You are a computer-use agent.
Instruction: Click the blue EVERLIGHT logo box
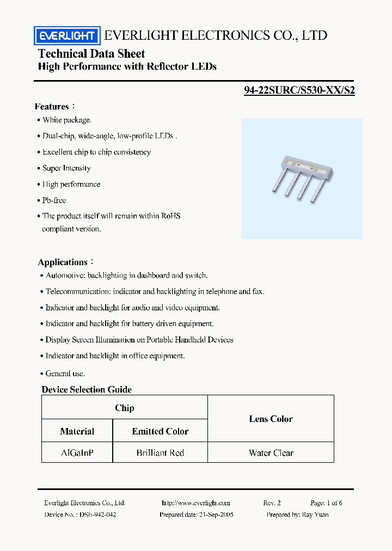66,36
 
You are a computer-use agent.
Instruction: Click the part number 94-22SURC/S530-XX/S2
299,91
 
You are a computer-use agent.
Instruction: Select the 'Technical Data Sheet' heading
91,53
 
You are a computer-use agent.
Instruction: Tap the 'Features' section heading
52,107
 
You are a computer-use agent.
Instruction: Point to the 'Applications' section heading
63,262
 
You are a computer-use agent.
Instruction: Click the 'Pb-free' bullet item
54,200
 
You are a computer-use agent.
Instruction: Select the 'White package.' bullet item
67,120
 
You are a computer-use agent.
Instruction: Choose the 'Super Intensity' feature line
66,168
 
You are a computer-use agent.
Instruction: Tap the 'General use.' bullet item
65,374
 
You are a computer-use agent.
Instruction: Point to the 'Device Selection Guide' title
87,389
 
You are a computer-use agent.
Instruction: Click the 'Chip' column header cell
125,408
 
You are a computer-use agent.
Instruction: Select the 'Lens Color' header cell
271,419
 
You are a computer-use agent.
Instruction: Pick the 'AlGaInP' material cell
77,452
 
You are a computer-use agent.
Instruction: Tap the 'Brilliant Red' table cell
160,452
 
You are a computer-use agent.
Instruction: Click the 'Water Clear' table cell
271,452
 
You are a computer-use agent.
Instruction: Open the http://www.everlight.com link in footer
196,503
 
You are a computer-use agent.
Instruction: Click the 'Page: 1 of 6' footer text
326,503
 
